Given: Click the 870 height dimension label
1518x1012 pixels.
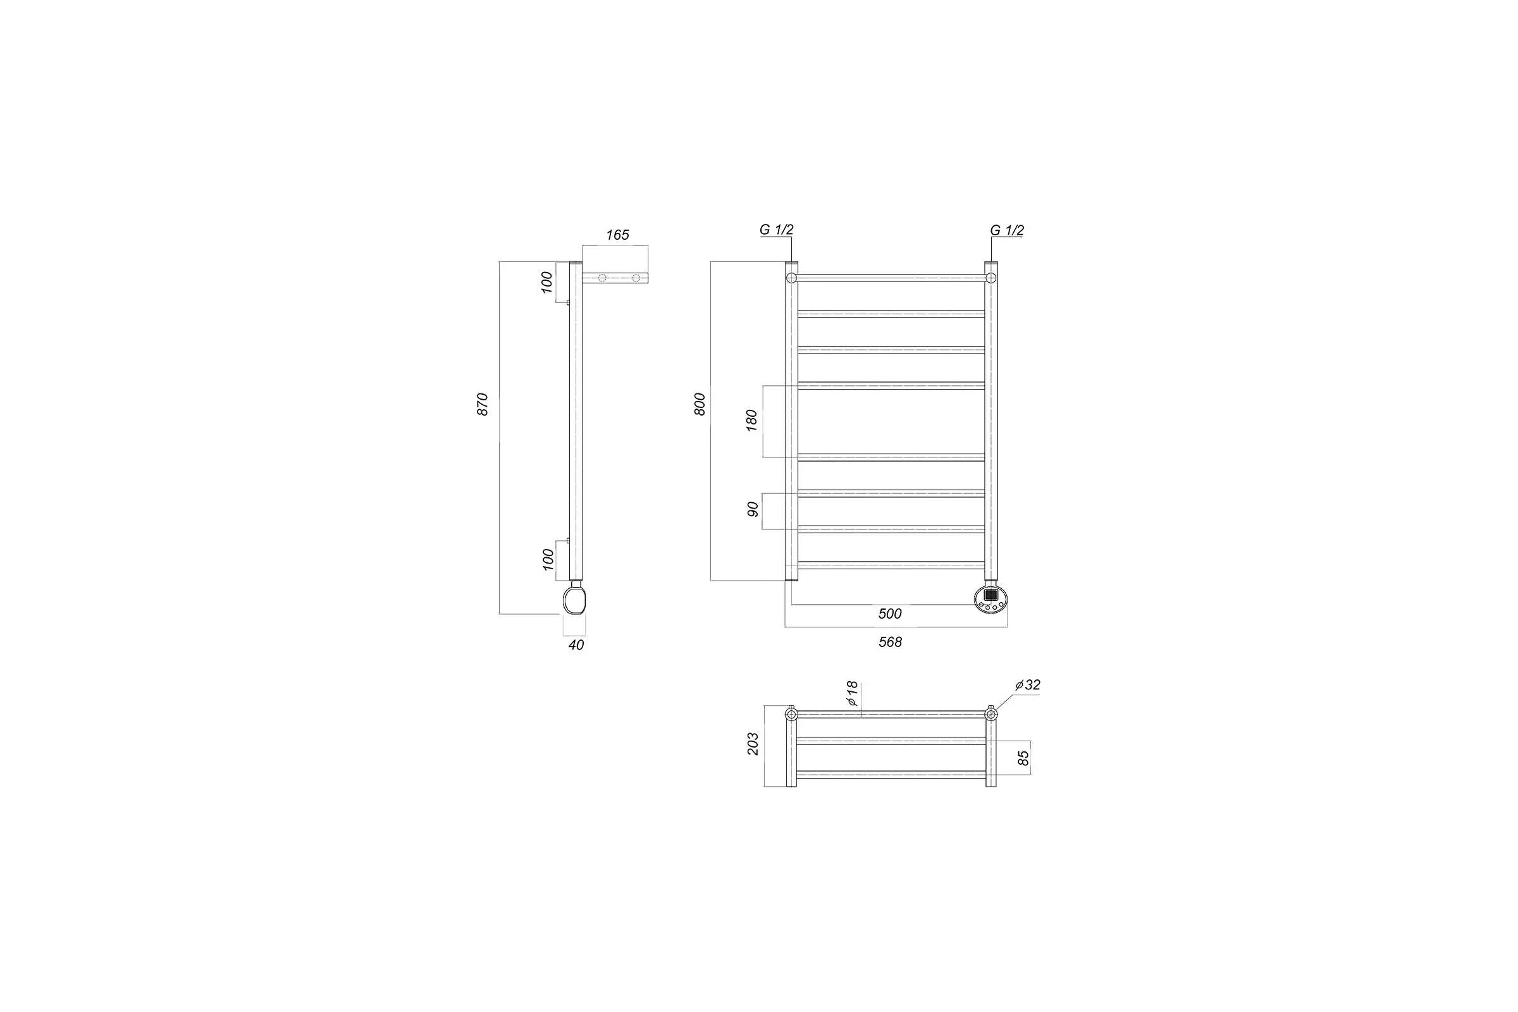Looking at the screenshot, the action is pos(483,404).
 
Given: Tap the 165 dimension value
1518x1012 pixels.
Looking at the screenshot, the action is pos(617,235).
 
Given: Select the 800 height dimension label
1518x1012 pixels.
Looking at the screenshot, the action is pos(700,404).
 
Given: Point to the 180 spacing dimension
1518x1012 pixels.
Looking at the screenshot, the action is pos(751,420).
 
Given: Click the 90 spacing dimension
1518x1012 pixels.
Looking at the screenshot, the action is pos(752,510).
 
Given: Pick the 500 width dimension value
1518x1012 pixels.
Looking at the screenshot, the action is pos(889,614).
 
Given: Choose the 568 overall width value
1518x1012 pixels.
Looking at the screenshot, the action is pos(890,642).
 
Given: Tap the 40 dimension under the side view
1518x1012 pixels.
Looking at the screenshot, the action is pos(576,645).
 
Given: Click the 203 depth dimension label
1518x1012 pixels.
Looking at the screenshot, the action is pos(753,744).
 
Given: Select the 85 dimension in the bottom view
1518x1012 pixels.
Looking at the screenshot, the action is pos(1023,758).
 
